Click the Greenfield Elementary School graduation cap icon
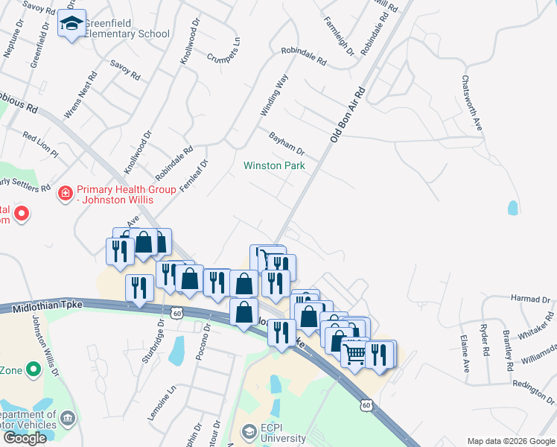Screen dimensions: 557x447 [x=71, y=25]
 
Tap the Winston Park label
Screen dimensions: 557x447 [x=274, y=165]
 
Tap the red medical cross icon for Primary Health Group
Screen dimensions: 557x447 [x=66, y=194]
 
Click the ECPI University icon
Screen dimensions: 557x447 [x=249, y=432]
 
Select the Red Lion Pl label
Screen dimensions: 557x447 [x=40, y=145]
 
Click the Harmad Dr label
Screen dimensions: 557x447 [x=530, y=299]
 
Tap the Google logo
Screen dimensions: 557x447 [x=25, y=438]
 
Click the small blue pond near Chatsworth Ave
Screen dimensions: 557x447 [x=512, y=208]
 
